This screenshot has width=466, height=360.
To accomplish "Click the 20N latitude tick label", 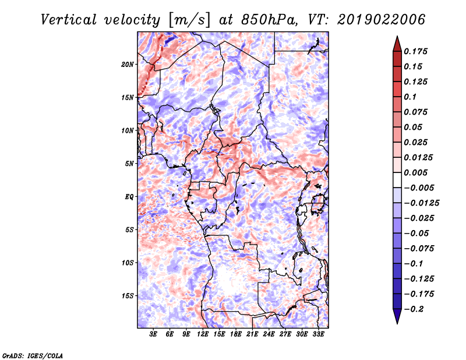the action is click(x=128, y=64).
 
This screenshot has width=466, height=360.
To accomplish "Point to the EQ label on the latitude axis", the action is click(x=129, y=196).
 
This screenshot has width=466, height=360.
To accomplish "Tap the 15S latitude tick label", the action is click(x=128, y=296).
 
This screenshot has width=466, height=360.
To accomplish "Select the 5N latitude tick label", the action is click(x=129, y=164).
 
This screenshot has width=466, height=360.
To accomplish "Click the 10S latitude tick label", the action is click(x=128, y=263).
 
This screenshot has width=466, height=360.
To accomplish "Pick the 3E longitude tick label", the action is click(x=153, y=334).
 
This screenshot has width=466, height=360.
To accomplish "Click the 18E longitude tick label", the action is click(x=236, y=334).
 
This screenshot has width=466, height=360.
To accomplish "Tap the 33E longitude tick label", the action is click(x=318, y=334).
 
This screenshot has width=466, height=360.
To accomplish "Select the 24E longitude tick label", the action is click(x=269, y=334).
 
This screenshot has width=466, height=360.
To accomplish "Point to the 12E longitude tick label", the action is click(x=203, y=334).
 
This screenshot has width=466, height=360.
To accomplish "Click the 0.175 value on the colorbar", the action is click(x=415, y=51).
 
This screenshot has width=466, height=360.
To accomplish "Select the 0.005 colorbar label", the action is click(x=415, y=172).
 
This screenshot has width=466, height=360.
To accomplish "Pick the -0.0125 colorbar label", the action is click(x=421, y=203).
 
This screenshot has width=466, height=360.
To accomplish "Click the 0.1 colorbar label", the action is click(x=410, y=97).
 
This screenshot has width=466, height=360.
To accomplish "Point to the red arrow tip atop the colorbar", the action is click(x=397, y=36).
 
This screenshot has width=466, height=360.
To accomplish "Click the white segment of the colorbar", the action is click(x=397, y=180).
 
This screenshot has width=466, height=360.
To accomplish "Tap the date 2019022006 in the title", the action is click(x=381, y=20).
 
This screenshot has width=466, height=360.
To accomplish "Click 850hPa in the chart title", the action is click(x=269, y=20).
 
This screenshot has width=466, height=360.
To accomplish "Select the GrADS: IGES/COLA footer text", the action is click(x=33, y=355).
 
